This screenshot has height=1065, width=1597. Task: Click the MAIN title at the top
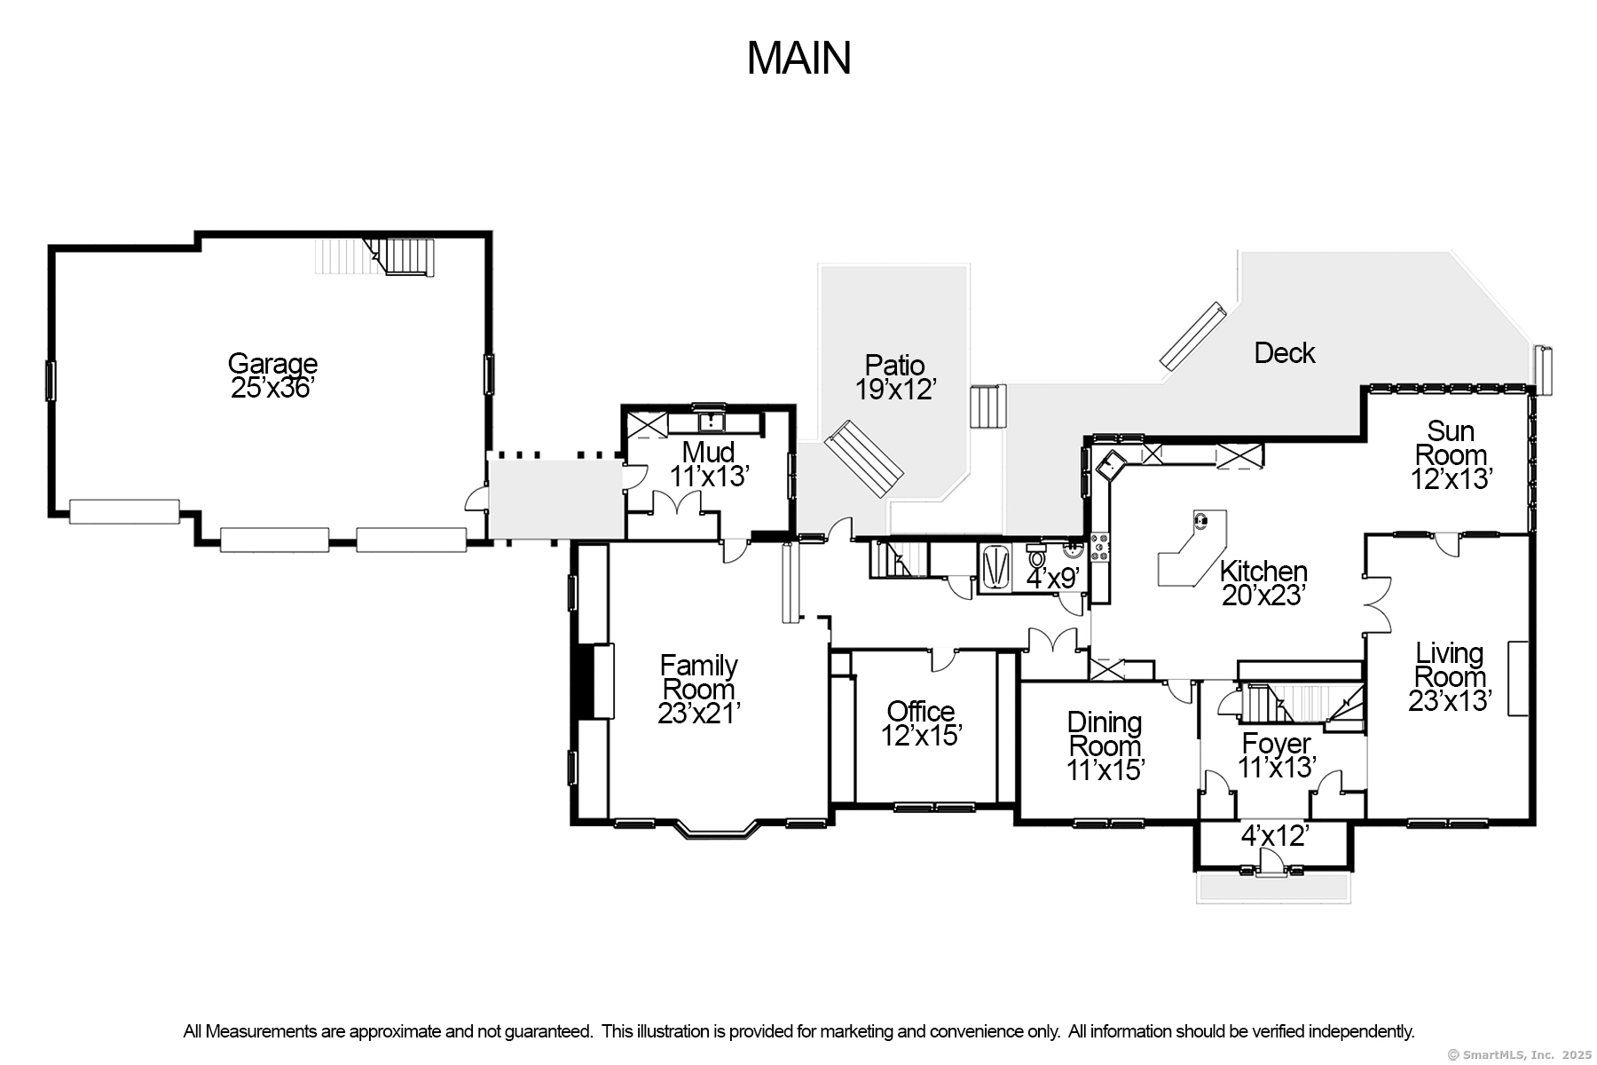point(798,58)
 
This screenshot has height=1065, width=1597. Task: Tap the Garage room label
point(272,363)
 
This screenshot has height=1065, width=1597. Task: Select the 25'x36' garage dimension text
point(272,388)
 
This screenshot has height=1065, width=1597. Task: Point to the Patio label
point(895,365)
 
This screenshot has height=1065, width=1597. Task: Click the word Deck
point(1284,353)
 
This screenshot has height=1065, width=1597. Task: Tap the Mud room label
point(708,452)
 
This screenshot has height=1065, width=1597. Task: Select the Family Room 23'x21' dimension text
point(699,714)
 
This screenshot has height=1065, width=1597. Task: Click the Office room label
point(921,711)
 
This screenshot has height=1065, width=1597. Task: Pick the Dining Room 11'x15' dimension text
point(1105,769)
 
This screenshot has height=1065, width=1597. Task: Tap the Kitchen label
point(1263,571)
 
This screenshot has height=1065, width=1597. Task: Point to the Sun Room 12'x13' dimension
point(1451,479)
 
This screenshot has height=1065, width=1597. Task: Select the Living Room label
point(1450,665)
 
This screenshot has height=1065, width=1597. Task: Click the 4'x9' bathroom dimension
point(1053,578)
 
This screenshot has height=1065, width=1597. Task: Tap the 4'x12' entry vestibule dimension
point(1275,836)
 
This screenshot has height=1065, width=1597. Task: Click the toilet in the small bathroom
point(1036,557)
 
